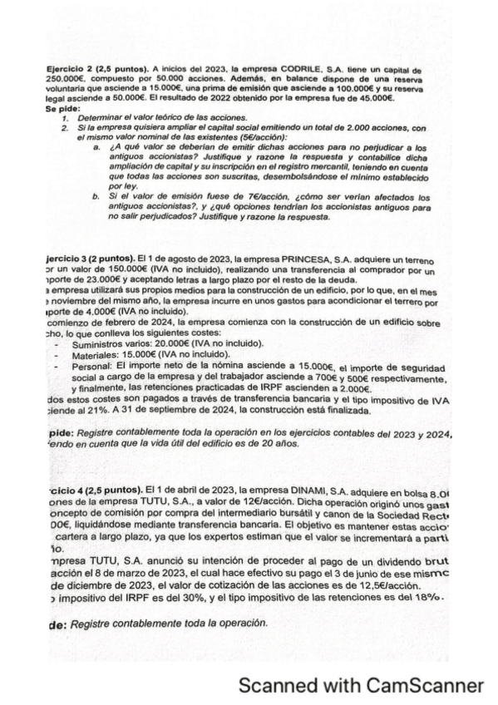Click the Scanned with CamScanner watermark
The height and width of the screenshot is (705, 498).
tap(360, 686)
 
